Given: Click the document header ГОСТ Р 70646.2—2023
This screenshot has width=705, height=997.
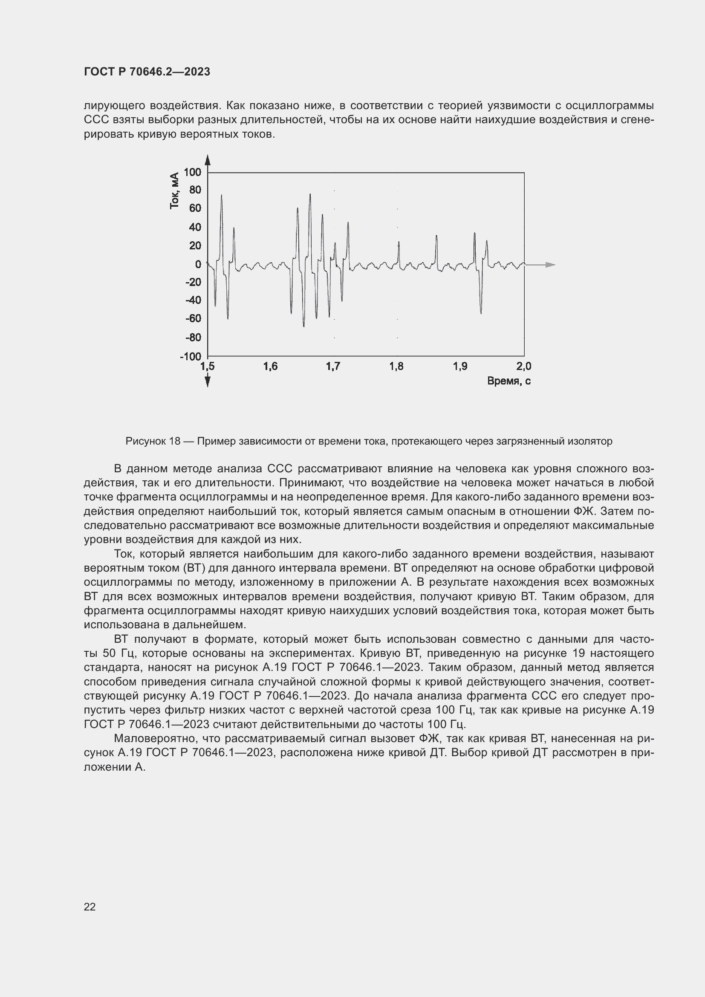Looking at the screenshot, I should coord(147,72).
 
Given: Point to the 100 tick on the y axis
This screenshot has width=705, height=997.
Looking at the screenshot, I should coord(192,172).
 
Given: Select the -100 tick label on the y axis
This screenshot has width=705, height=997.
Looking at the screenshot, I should coord(190,356).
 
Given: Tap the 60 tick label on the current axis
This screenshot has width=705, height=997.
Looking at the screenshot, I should coord(195,208).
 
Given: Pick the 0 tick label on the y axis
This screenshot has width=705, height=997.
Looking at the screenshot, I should coord(198,264).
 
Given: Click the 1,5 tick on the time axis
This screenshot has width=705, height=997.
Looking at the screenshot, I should coord(208,367).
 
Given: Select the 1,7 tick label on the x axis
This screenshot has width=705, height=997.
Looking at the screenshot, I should coord(333,367).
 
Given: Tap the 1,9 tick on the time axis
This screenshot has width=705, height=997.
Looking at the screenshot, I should coord(460,367).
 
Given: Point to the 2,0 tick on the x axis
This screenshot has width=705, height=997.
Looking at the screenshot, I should coord(523,367).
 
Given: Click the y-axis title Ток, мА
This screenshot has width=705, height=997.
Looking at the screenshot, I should coord(174,191).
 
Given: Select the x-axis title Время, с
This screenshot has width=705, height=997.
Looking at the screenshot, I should coord(509,381).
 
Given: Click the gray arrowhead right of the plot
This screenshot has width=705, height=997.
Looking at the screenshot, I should coord(550,264).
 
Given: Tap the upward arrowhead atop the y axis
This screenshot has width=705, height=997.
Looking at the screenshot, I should coord(208,160).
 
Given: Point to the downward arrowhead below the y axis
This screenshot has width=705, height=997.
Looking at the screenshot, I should coord(208,381).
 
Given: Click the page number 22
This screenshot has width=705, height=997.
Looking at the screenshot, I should coord(90,907).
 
